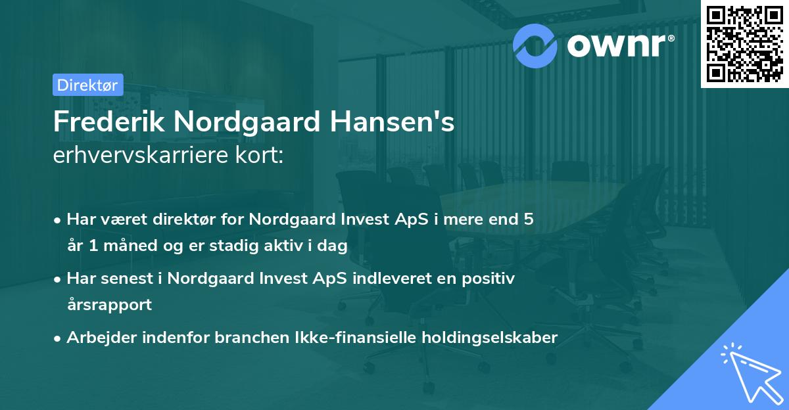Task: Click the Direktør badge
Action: pyautogui.click(x=87, y=85)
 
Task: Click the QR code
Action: pyautogui.click(x=744, y=44)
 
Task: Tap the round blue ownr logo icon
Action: pyautogui.click(x=535, y=45)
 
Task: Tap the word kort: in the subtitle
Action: pyautogui.click(x=260, y=157)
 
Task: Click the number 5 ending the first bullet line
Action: pyautogui.click(x=528, y=219)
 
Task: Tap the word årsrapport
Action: pyautogui.click(x=109, y=304)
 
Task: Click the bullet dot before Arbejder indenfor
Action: pyautogui.click(x=59, y=338)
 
